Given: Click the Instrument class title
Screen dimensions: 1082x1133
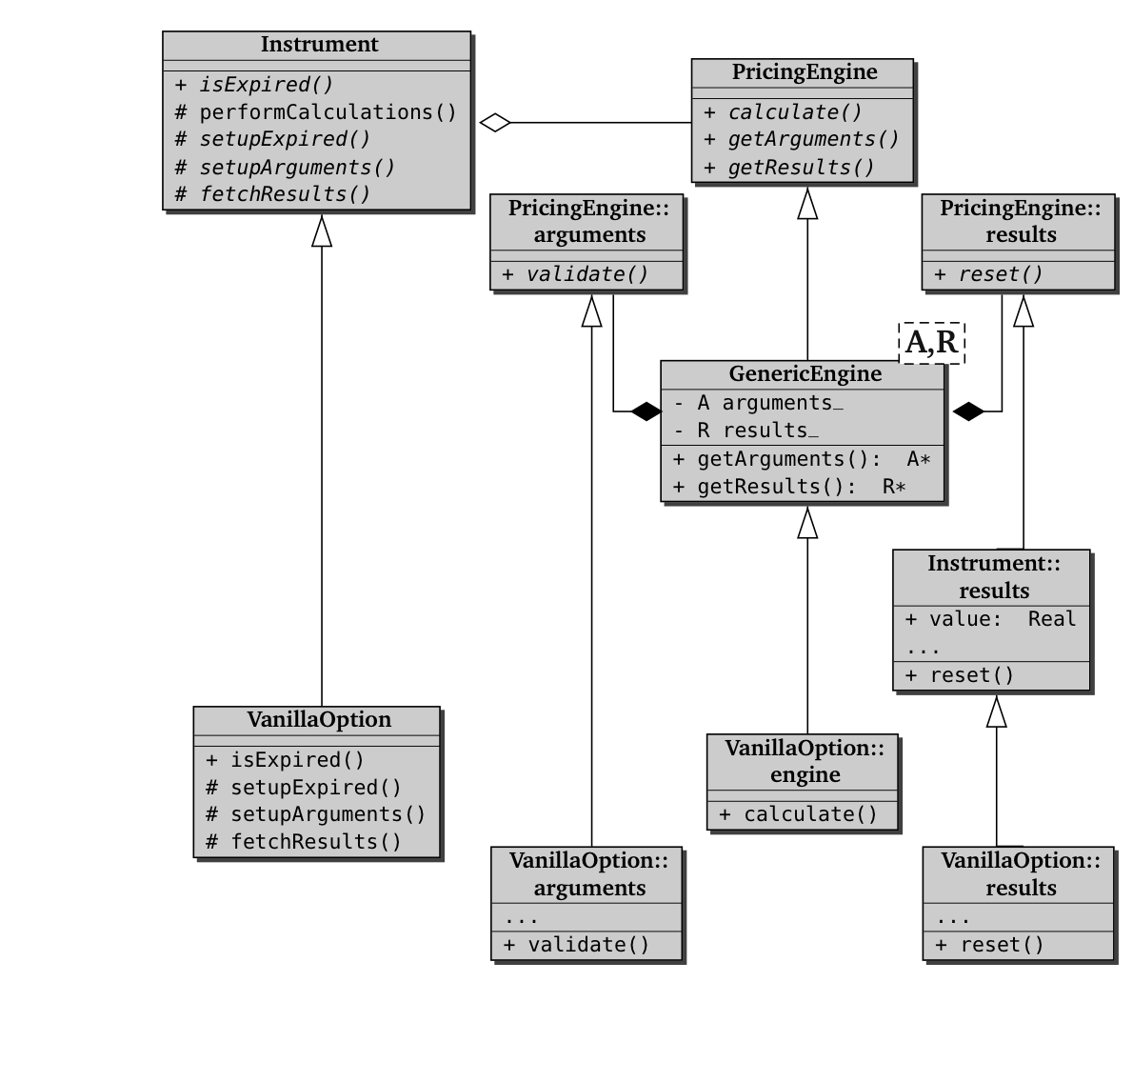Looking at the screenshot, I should (x=319, y=45).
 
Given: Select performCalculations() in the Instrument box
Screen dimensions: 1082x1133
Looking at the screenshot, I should (x=327, y=112).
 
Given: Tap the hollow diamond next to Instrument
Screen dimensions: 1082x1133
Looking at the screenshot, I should (x=495, y=122).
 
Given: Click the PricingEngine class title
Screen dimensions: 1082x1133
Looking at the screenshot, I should (x=804, y=72).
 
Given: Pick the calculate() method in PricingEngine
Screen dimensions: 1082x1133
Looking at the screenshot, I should (x=794, y=112).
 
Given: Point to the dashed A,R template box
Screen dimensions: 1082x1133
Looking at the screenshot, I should (x=932, y=342).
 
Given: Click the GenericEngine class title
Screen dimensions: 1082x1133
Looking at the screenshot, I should (x=805, y=374).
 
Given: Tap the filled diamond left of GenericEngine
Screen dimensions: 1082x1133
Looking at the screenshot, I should (x=646, y=411).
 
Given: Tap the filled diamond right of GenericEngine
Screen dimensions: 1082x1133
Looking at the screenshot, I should (x=968, y=411).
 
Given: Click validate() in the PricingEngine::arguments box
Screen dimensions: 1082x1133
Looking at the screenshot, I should (x=586, y=275).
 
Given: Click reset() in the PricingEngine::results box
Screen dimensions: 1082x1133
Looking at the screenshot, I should (x=1000, y=275).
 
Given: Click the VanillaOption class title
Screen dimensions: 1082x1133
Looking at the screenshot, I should (x=319, y=720).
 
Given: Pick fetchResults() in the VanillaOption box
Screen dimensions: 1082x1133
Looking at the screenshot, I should (x=315, y=842).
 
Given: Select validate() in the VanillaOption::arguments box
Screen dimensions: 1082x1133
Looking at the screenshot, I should (x=587, y=945).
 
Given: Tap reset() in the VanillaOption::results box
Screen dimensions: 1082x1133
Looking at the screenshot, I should (x=1001, y=945).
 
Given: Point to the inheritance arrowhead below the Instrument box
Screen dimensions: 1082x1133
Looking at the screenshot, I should (x=322, y=230).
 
